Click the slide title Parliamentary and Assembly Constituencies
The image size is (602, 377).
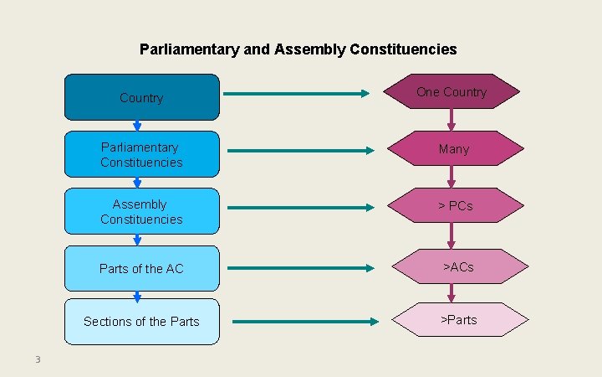298,49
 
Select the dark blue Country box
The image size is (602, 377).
141,97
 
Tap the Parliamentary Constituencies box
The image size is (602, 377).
141,155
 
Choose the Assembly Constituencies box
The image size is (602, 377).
141,212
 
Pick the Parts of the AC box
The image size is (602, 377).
141,269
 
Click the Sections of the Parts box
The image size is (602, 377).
141,322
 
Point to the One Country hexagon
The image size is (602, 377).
451,92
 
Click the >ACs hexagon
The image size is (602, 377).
458,267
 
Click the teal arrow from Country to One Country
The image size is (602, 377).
297,94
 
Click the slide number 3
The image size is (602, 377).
38,360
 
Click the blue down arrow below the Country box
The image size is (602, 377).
137,126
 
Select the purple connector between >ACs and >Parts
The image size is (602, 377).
451,293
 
